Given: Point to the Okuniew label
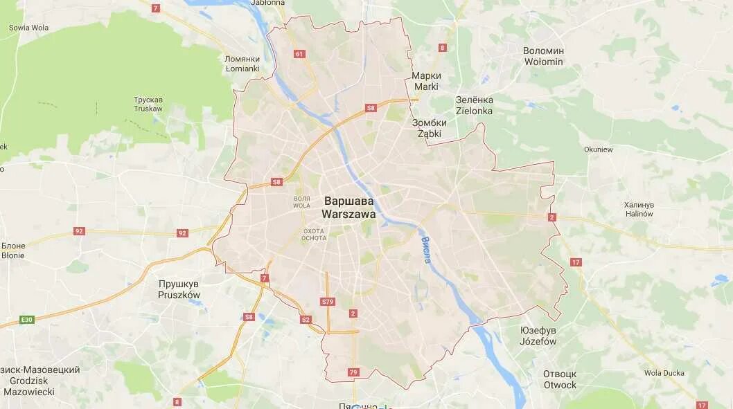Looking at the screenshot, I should [x=598, y=149].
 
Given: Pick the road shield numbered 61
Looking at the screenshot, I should [x=299, y=54].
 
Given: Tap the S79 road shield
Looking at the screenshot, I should [x=328, y=302].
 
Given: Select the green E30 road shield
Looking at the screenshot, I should [x=27, y=319].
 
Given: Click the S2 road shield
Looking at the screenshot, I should [x=306, y=319].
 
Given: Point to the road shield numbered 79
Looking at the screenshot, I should [x=354, y=373].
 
